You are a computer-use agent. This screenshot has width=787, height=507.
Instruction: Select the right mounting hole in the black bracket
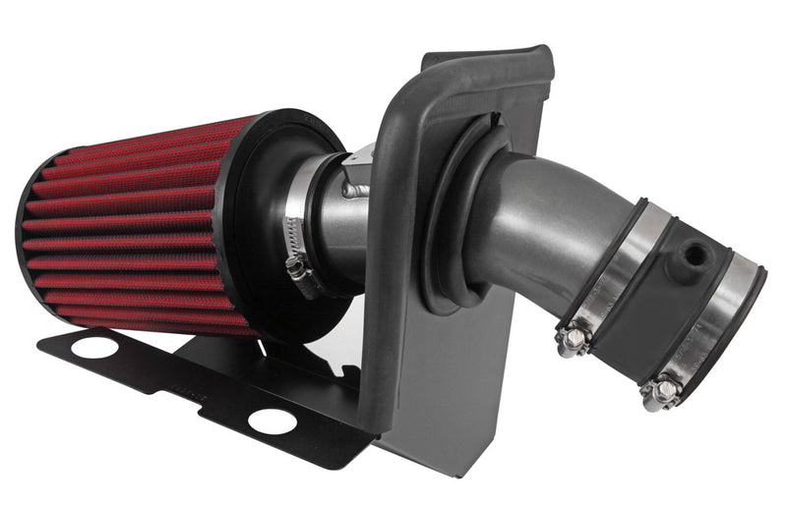click(x=272, y=421)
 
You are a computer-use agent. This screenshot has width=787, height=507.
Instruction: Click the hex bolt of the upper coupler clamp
click(x=572, y=340)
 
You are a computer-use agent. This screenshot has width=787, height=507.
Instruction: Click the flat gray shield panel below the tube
click(x=462, y=393)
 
